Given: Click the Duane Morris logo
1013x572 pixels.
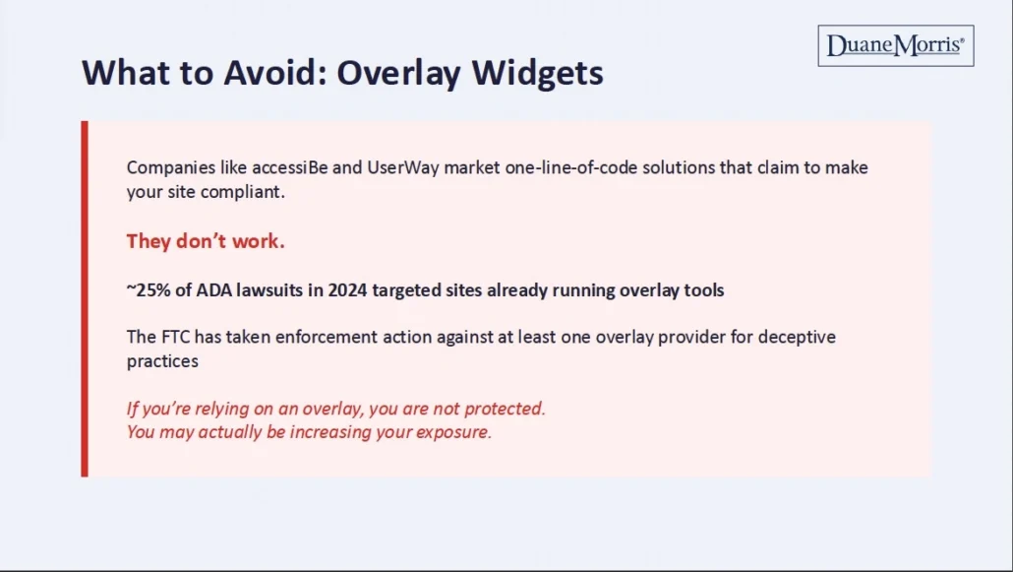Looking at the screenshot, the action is (895, 45).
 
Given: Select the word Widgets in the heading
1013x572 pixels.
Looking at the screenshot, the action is (538, 73).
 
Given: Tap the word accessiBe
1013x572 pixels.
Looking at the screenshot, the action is (290, 167).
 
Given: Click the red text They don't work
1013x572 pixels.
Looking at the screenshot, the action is (206, 241).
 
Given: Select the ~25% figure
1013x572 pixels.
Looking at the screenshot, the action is (149, 290).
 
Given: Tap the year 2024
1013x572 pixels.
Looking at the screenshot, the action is (347, 290).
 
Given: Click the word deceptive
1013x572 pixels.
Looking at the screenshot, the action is (797, 338).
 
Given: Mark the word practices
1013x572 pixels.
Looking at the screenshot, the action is (162, 361).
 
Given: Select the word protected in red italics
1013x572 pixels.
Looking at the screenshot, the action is (505, 409).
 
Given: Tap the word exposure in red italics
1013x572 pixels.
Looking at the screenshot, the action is (453, 432).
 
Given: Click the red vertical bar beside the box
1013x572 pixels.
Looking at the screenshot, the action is (85, 299).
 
